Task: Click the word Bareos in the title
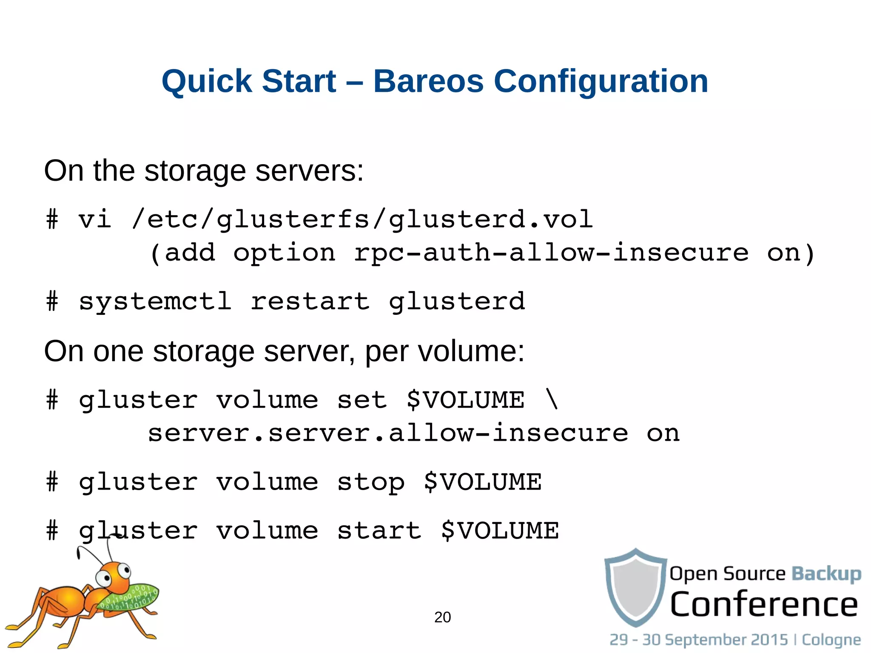tap(428, 81)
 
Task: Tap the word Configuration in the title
tap(601, 81)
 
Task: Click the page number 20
tap(442, 617)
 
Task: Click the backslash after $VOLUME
tap(552, 400)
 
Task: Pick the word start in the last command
tap(379, 531)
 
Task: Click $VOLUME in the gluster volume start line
tap(500, 531)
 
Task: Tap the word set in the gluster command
tap(362, 400)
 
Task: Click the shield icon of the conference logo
tap(636, 587)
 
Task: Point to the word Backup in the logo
tap(826, 573)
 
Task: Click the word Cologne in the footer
tap(831, 639)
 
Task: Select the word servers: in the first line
tap(309, 171)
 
